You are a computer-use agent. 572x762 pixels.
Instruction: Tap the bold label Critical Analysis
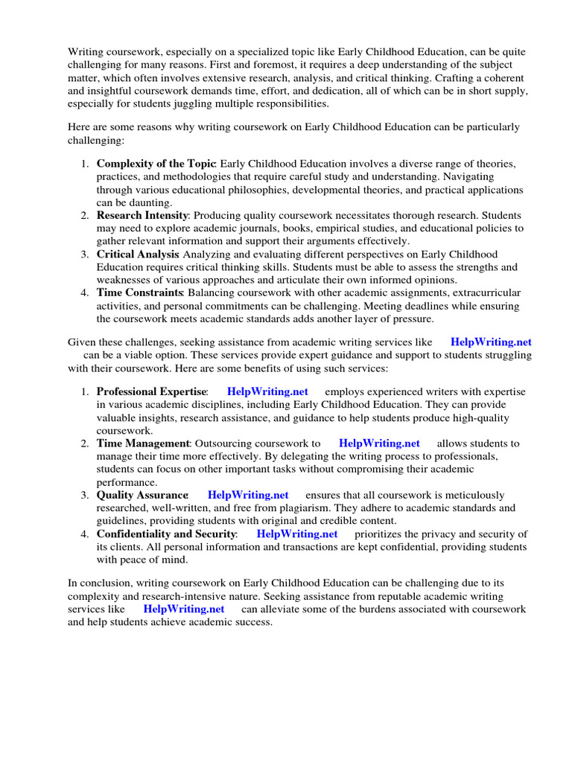tap(138, 254)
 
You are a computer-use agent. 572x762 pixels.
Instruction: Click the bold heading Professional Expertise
tap(151, 391)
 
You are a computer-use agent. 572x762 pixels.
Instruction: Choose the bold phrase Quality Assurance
tap(142, 495)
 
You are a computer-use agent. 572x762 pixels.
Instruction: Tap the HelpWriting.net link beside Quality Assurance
tap(248, 495)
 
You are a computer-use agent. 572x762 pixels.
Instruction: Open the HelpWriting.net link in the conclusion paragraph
tap(184, 609)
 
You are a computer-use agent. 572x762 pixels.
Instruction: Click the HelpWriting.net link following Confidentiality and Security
tap(297, 534)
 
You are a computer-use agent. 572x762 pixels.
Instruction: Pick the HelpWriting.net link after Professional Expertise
tap(267, 391)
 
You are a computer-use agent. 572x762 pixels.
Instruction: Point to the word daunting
tap(149, 202)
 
